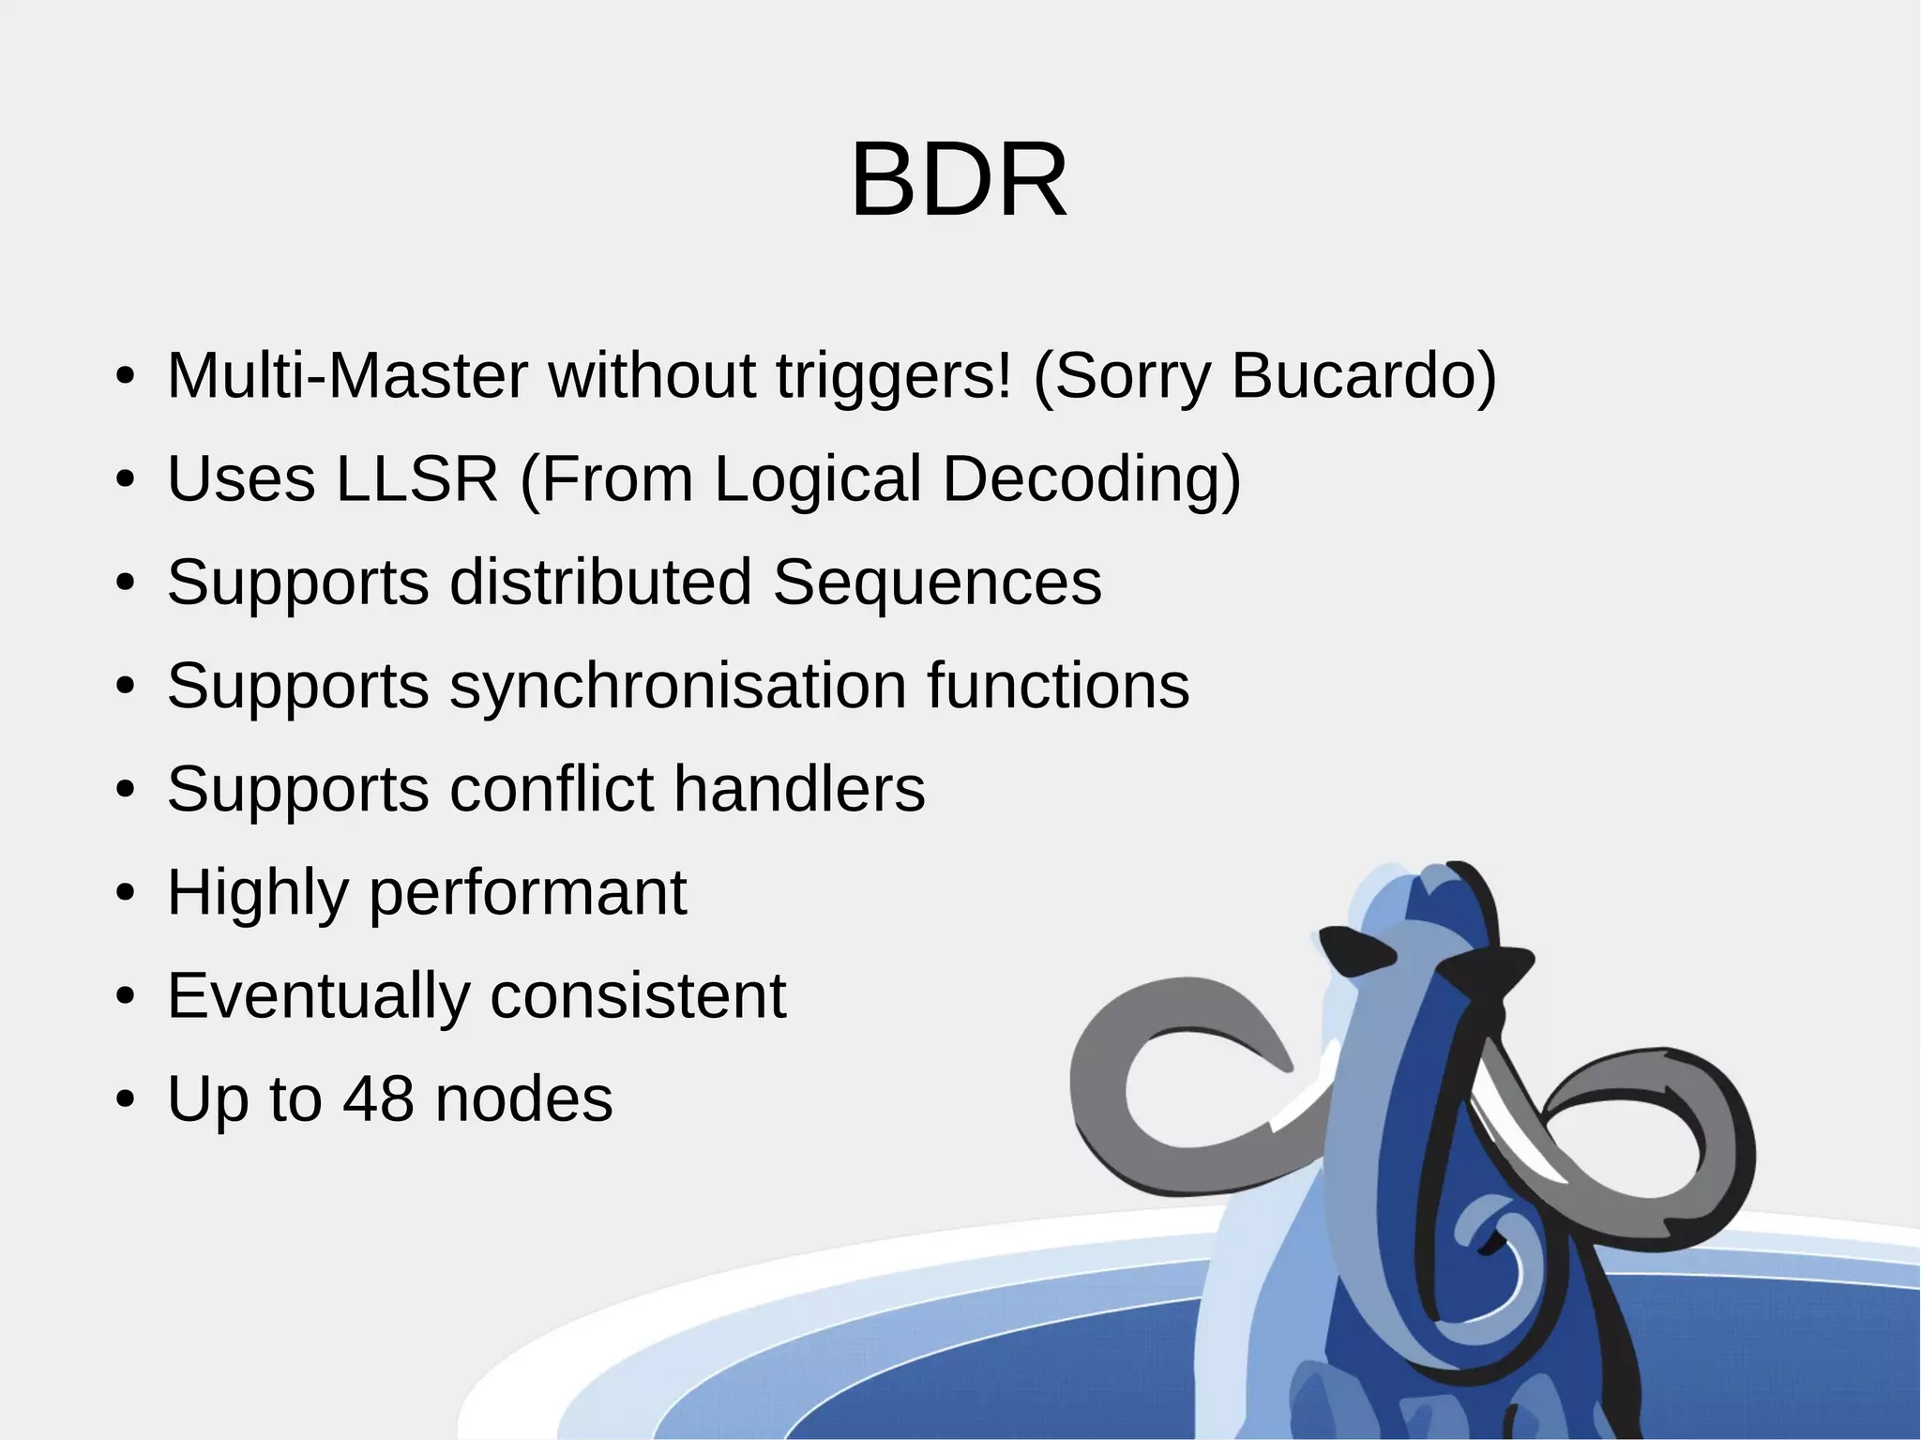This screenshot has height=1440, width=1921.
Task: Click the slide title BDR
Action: (x=959, y=180)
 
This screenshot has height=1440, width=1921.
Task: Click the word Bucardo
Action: (x=1362, y=376)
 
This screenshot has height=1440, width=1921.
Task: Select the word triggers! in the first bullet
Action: (x=894, y=376)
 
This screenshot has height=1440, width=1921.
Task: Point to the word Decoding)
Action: (x=1091, y=479)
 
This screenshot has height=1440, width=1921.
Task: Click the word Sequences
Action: (x=937, y=583)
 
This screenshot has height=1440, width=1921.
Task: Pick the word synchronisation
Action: (x=677, y=686)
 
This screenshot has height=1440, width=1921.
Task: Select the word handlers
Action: (x=799, y=789)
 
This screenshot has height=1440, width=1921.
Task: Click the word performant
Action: (x=528, y=892)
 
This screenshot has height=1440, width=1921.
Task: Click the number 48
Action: (x=378, y=1099)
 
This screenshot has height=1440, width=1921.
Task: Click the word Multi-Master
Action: (x=347, y=376)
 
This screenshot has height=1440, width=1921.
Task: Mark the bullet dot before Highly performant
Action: (x=126, y=894)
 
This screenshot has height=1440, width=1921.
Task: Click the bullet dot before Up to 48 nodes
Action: (x=126, y=1100)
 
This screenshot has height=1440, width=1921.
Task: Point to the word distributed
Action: (x=600, y=583)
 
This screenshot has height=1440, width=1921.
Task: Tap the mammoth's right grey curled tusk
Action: (x=1688, y=1126)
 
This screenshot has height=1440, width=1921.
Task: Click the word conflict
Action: (x=552, y=789)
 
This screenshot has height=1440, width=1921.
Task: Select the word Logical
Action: (x=818, y=479)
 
